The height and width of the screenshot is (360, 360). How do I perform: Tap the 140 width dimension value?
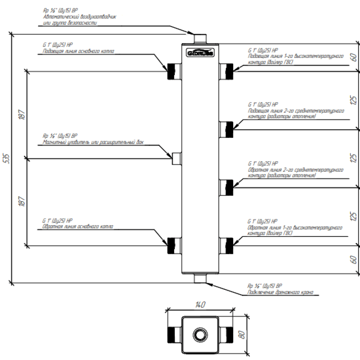200,305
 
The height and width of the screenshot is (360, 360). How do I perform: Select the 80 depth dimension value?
242,335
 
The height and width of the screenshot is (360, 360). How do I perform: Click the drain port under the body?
200,278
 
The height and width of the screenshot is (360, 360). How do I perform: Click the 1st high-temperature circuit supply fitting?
226,71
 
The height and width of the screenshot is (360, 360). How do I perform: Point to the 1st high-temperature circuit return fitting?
226,246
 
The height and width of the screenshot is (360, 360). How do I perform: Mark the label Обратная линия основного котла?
78,227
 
